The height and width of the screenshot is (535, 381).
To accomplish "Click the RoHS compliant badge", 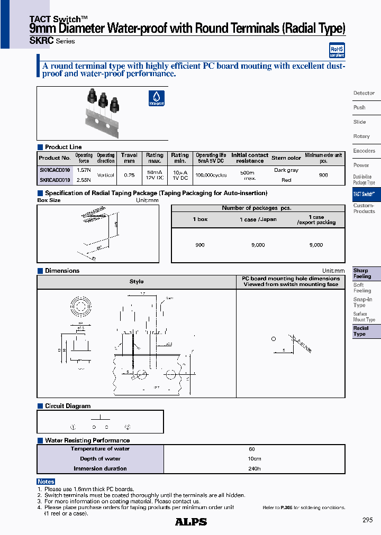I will (x=337, y=50).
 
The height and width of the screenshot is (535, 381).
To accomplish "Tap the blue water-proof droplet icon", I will (x=156, y=98).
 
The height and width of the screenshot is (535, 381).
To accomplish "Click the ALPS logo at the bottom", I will (x=191, y=521).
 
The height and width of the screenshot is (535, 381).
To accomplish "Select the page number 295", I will (x=368, y=520).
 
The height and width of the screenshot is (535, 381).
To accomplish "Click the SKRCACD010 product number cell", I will (x=55, y=170).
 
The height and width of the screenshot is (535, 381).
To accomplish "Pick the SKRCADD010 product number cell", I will (x=55, y=180).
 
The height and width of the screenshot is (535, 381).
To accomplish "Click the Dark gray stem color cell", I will (x=286, y=170).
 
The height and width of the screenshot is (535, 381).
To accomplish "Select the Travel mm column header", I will (x=129, y=158).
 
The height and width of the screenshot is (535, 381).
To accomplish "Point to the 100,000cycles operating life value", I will (x=211, y=175).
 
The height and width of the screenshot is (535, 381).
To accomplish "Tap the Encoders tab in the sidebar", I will (x=364, y=151).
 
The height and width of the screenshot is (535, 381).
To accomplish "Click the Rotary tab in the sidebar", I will (x=361, y=136).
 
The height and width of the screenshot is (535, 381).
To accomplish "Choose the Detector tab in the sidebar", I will (x=364, y=93).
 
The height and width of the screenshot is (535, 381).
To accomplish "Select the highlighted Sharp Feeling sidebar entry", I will (x=362, y=273).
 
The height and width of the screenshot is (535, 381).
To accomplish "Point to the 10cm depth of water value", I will (x=254, y=459).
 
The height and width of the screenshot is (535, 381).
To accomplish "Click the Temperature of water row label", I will (x=100, y=449).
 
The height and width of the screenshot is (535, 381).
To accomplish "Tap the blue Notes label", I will (x=46, y=482).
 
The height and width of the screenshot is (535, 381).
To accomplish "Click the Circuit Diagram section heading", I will (x=68, y=406).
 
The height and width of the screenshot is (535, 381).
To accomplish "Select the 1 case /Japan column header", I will (x=258, y=219).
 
